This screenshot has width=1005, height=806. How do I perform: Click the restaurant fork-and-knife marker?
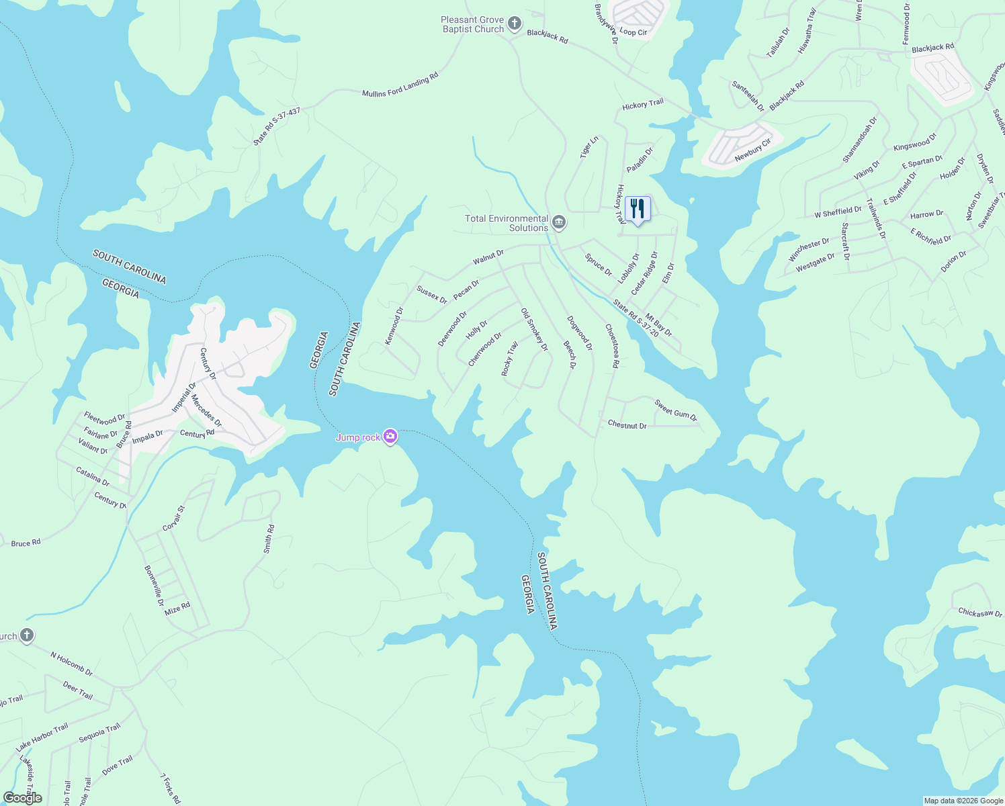pos(638,210)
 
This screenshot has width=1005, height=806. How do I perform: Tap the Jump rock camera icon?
pos(390,437)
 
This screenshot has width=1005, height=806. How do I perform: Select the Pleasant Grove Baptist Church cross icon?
pos(514,25)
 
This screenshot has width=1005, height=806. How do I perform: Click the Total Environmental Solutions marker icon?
pos(558,222)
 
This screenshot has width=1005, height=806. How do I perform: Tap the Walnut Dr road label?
pos(488,257)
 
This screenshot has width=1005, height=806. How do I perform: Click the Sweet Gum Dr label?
pos(676,410)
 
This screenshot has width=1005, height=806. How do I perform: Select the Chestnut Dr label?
pos(627,425)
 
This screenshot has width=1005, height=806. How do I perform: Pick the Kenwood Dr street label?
pos(394,326)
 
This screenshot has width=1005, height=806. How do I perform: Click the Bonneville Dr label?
pos(154,586)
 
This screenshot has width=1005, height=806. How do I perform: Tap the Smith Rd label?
pos(269,539)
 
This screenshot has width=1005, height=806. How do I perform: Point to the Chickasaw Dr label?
pos(980,613)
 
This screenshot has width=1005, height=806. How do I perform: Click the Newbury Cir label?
pos(752,150)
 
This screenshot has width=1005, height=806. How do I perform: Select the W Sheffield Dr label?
pos(838,213)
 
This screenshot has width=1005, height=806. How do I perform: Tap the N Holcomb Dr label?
pos(71,662)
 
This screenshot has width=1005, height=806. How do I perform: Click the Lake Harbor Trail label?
pos(42,737)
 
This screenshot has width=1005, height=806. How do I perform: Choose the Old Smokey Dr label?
pos(535,330)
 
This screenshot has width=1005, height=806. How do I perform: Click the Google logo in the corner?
pos(23,798)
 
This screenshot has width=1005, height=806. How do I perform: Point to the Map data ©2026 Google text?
pos(963,801)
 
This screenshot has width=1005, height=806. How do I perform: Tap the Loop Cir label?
pos(633,32)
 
